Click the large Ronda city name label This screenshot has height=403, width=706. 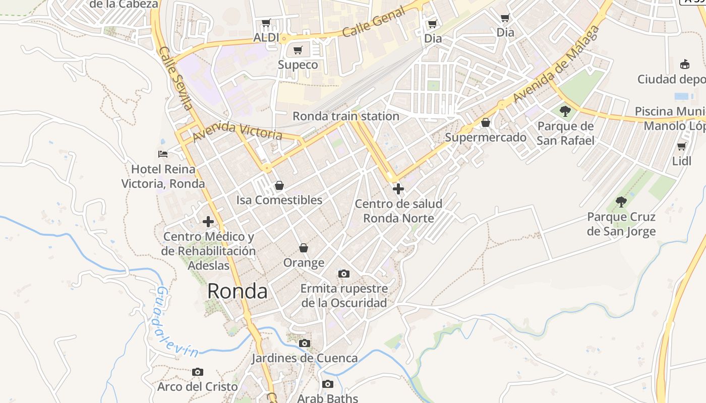(x=237, y=291)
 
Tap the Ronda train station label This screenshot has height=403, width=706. (x=346, y=116)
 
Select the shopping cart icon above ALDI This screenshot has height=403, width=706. (x=266, y=23)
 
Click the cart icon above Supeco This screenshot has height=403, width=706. (x=298, y=50)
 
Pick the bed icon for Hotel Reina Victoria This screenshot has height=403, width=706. (x=162, y=154)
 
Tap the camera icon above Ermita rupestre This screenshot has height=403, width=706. (x=344, y=274)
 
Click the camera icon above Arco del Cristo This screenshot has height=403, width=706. (x=198, y=372)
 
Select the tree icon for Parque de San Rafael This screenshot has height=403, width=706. (x=565, y=111)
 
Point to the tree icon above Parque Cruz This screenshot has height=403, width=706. (x=621, y=202)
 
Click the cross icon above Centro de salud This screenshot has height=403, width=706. (x=398, y=189)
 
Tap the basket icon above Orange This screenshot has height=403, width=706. (x=304, y=248)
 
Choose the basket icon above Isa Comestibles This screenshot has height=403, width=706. (x=279, y=185)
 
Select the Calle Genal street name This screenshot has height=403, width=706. (x=373, y=23)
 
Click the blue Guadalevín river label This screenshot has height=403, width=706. (x=176, y=322)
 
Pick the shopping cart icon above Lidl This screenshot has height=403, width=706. (x=681, y=147)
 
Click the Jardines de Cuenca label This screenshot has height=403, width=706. (x=305, y=358)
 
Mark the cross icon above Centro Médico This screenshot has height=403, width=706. (x=208, y=221)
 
